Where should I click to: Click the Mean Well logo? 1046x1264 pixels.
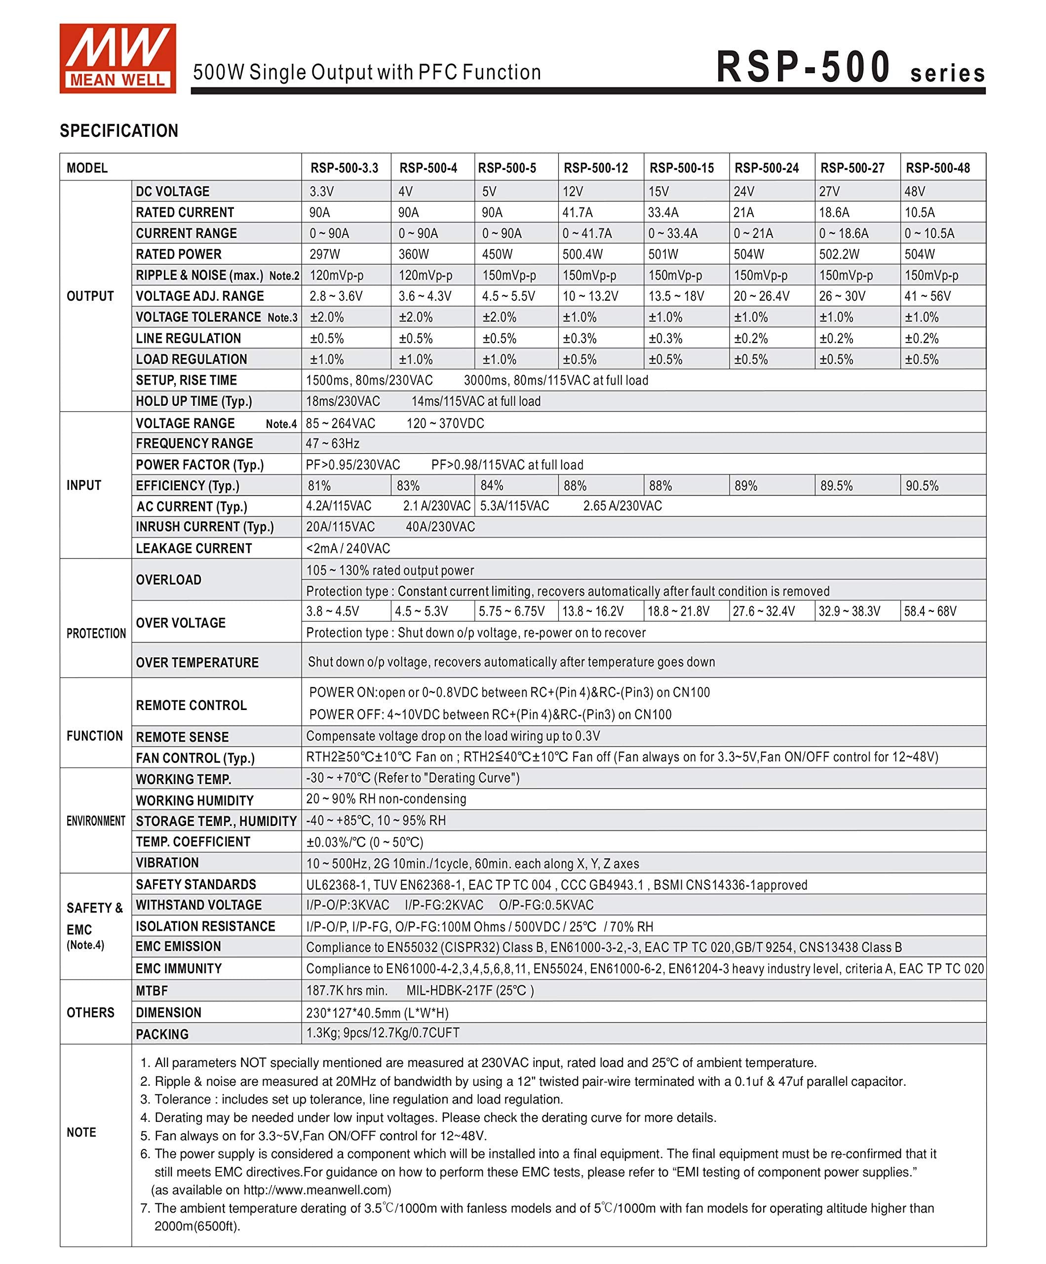coord(117,58)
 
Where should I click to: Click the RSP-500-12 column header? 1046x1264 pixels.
coord(595,168)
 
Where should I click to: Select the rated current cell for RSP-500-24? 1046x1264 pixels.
coord(744,212)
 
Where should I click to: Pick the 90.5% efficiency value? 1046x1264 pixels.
coord(922,486)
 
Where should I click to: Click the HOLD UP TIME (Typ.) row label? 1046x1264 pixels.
coord(194,401)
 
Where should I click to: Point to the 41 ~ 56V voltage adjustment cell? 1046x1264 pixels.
coord(928,296)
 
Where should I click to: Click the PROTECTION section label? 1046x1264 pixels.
coord(96,633)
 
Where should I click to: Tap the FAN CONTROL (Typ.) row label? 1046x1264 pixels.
coord(195,758)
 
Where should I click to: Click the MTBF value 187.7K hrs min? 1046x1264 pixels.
coord(347,990)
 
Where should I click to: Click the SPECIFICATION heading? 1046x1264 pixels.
coord(118,131)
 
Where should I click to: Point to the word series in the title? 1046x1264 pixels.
coord(947,74)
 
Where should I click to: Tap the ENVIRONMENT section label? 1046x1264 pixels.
coord(96,821)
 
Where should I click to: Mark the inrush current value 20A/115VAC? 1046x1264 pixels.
coord(340,527)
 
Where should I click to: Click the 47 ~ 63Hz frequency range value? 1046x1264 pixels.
coord(332,443)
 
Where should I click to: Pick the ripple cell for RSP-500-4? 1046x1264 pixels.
coord(425,276)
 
